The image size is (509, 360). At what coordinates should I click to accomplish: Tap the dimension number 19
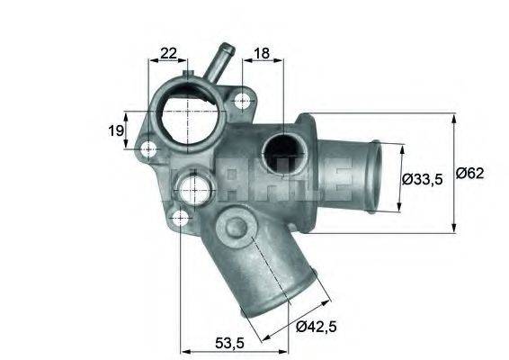[x=116, y=130]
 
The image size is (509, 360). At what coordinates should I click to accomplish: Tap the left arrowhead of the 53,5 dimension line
[x=186, y=349]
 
